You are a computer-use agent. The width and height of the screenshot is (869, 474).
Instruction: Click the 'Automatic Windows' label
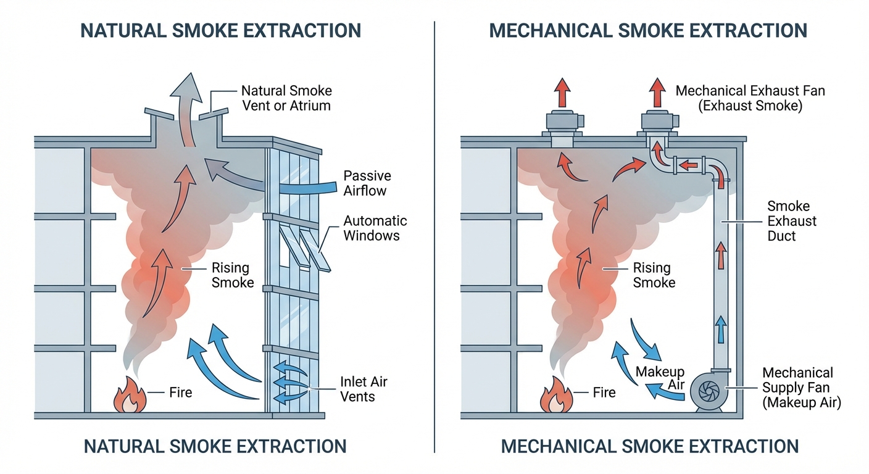[375, 228]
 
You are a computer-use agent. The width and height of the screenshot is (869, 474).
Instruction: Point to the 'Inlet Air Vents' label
[364, 389]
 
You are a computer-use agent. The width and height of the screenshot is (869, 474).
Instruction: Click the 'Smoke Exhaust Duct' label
[792, 221]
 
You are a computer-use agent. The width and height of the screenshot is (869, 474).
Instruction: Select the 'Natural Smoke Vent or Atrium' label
[286, 98]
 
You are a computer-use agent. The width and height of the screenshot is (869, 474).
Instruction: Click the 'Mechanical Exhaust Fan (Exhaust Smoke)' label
[750, 98]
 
